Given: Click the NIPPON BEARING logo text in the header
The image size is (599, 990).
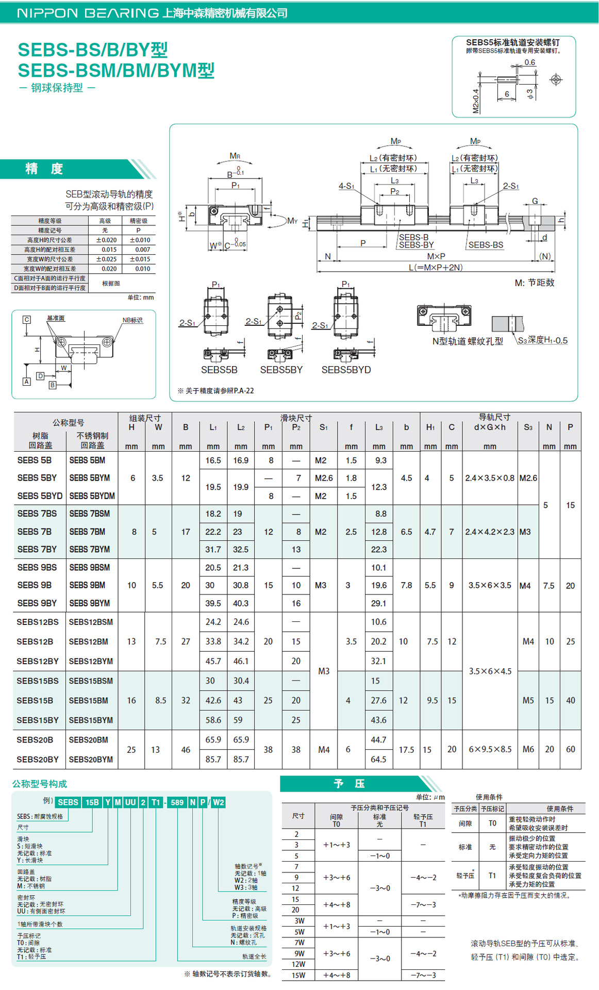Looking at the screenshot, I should (88, 13).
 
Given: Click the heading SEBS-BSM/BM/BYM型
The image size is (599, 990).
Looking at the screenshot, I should (116, 71).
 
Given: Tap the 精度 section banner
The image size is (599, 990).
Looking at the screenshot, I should (44, 169).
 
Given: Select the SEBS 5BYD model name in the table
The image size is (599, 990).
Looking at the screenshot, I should (40, 496).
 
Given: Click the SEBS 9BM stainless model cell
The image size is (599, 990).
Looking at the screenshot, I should (87, 585).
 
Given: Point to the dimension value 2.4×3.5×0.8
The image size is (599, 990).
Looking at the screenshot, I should (490, 478).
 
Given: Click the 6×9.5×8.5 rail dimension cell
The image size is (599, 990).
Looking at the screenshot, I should (490, 749).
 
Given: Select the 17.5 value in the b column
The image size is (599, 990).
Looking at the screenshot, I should (406, 750).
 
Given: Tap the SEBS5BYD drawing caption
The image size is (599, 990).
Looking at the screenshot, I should (346, 370).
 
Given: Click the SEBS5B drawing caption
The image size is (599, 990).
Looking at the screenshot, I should (219, 370).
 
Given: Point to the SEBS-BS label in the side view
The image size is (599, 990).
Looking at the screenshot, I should (486, 245).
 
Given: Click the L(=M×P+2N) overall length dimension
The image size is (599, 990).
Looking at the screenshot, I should (436, 267).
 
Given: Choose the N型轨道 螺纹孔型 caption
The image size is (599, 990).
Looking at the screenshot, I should (468, 341).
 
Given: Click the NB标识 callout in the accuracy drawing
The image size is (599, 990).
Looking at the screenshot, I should (132, 320).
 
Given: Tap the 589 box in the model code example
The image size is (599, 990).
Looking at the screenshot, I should (177, 802).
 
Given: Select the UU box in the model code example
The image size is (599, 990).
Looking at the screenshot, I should (130, 802).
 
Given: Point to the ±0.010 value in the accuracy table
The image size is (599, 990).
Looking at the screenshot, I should (140, 240).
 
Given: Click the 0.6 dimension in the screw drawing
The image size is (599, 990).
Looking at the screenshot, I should (530, 62).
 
